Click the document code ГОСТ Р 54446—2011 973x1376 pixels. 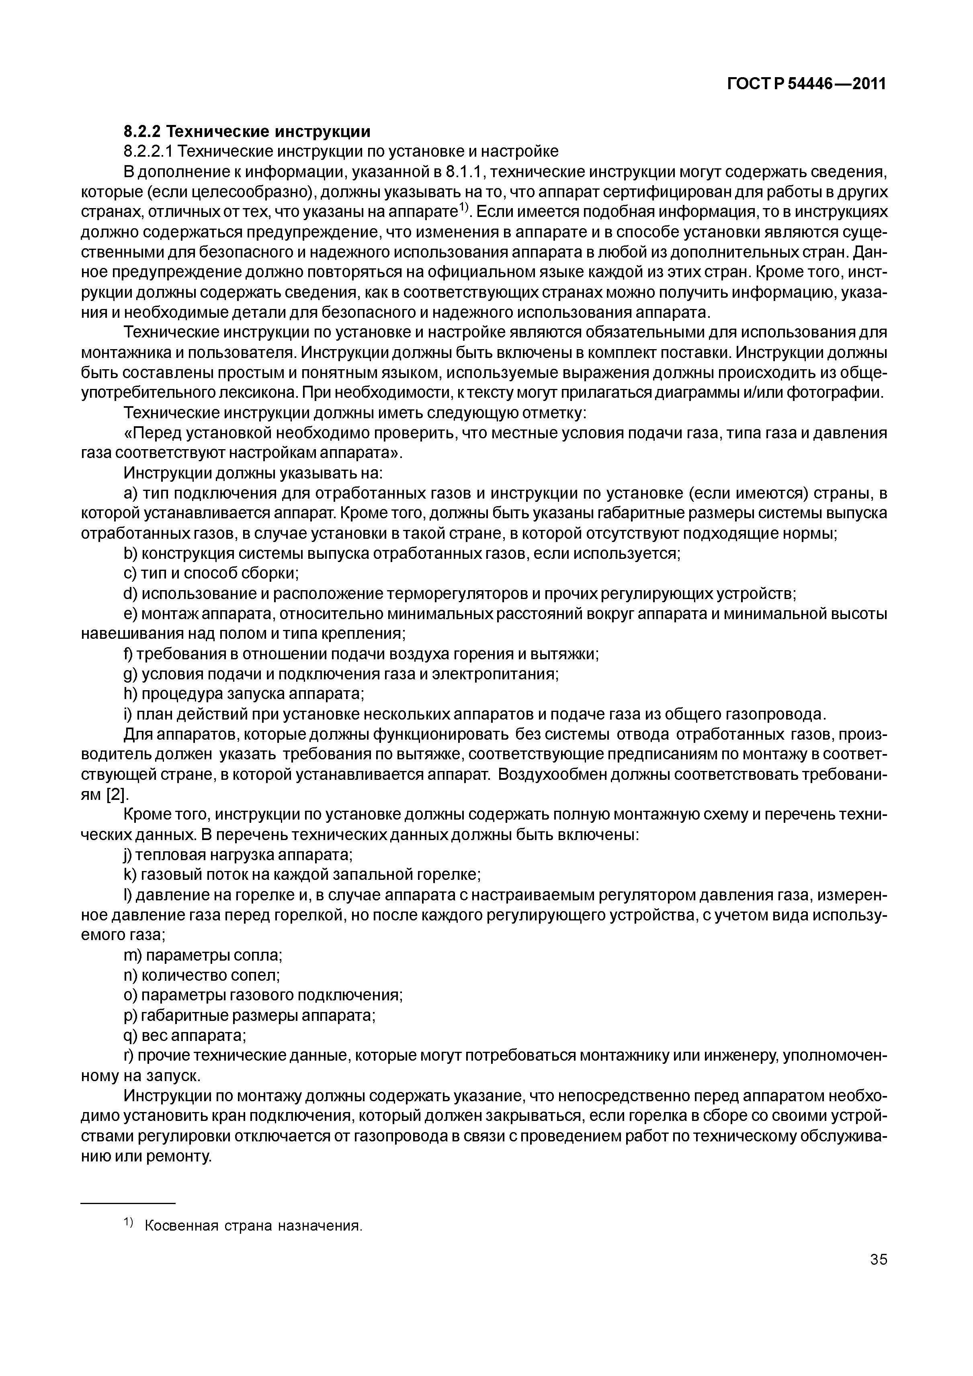tap(806, 84)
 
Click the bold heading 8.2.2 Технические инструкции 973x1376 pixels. tap(247, 131)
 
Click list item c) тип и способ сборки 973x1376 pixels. tap(211, 574)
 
